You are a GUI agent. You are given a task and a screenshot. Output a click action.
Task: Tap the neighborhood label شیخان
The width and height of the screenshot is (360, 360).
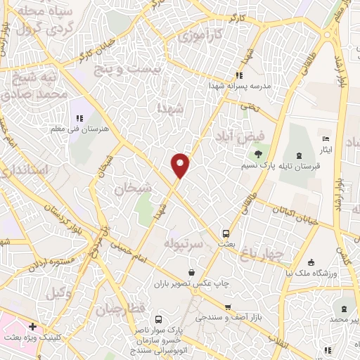point(133,188)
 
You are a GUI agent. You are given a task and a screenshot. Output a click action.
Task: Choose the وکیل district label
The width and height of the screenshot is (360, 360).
point(63,293)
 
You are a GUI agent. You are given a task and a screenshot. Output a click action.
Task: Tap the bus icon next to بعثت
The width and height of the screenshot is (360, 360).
point(226,233)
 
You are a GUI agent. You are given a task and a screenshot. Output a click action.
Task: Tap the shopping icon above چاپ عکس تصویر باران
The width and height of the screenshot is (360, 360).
point(191,273)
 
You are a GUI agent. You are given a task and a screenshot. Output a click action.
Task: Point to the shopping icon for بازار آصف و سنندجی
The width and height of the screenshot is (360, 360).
point(228,307)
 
